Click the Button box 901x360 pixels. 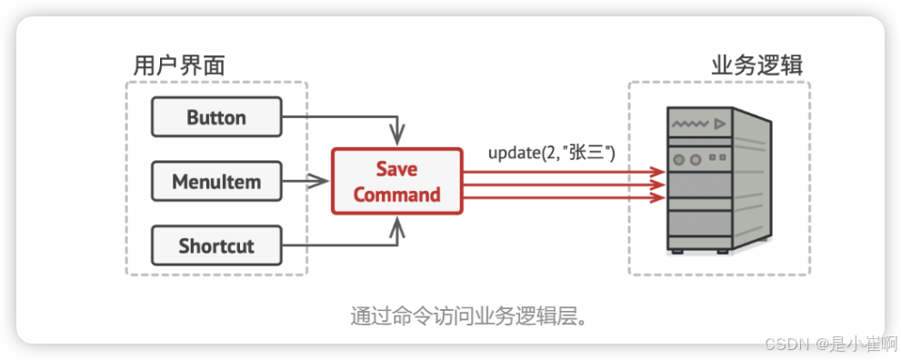[216, 117]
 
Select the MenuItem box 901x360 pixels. [216, 182]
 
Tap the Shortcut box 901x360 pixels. [216, 245]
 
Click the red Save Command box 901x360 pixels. [396, 182]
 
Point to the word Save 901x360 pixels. [396, 169]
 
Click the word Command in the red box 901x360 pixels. [396, 195]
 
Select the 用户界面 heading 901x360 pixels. [179, 65]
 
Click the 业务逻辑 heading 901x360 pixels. [756, 65]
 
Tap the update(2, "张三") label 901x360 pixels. [552, 152]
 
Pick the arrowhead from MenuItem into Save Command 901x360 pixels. [320, 182]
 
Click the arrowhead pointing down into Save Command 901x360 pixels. [395, 134]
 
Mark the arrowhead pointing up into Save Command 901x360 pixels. [395, 230]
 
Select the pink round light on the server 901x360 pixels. [696, 159]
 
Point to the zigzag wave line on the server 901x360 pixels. [689, 121]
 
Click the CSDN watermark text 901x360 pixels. [786, 343]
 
